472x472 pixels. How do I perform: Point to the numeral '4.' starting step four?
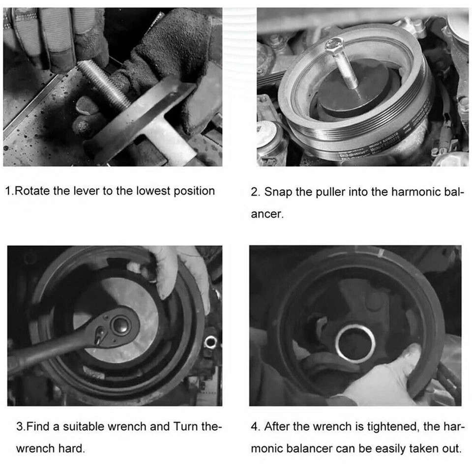point(255,426)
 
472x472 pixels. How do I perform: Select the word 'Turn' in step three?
point(185,426)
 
